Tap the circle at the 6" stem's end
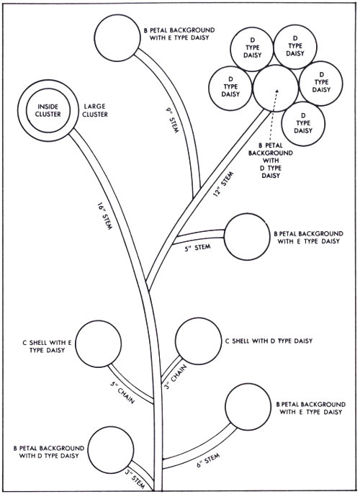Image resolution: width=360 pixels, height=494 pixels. [248, 409]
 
